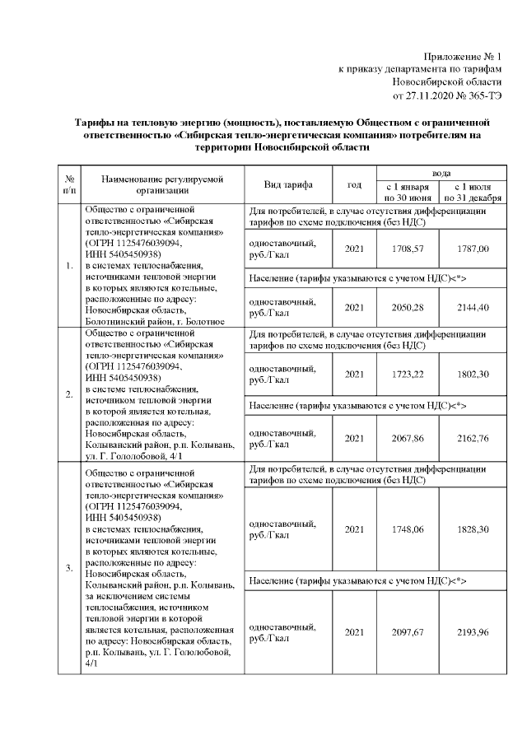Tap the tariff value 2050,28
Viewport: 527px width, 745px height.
(407, 307)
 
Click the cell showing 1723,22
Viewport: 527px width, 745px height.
(407, 374)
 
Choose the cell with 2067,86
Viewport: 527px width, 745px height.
(407, 439)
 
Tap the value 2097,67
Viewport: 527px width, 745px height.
(407, 631)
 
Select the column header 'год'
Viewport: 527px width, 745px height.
(354, 184)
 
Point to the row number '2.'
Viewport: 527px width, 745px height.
(69, 393)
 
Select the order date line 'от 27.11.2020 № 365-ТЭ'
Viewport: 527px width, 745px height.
(447, 96)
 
